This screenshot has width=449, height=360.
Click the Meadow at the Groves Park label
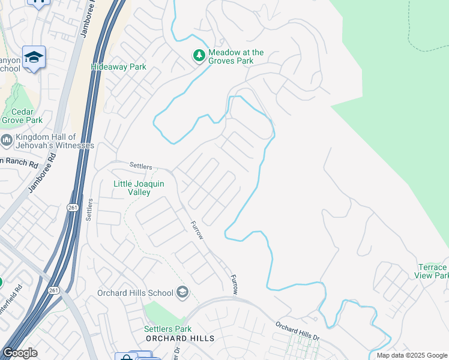click(236, 56)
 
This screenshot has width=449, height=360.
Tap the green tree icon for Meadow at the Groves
click(199, 56)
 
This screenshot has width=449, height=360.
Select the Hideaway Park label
click(118, 67)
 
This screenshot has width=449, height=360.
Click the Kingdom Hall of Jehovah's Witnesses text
click(55, 141)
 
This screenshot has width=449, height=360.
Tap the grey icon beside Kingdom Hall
click(7, 140)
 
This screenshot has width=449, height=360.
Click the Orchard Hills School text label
click(136, 293)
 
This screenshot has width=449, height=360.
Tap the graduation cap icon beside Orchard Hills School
click(183, 293)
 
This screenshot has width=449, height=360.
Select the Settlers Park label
click(167, 329)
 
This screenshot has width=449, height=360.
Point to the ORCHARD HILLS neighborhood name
click(180, 338)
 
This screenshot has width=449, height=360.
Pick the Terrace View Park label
click(431, 271)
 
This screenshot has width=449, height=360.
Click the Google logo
click(20, 353)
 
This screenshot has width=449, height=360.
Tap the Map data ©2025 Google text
click(411, 355)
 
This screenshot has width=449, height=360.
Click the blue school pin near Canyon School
click(34, 58)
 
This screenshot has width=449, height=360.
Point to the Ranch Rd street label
click(19, 161)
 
